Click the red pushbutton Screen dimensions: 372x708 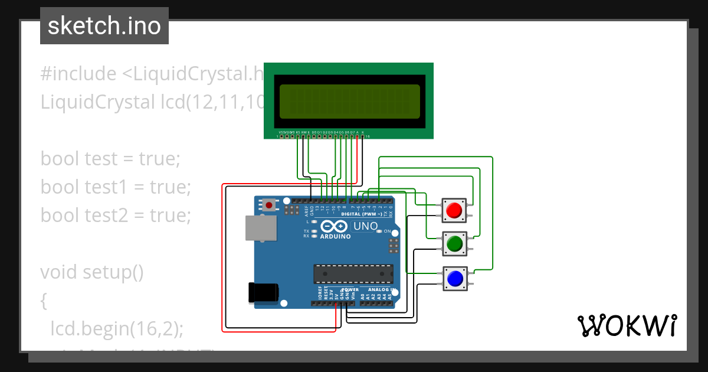click(x=454, y=210)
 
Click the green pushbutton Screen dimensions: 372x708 click(x=454, y=243)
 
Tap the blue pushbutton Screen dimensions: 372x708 click(x=454, y=278)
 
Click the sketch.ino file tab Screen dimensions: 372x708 click(x=104, y=26)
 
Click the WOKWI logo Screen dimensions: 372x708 click(x=627, y=325)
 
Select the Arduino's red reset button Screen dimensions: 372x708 click(x=269, y=205)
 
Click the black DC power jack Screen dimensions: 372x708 click(x=263, y=292)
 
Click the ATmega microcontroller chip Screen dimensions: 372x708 click(x=353, y=274)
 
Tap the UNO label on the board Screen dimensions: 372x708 click(x=366, y=226)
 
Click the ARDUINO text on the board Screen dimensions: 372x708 click(x=335, y=236)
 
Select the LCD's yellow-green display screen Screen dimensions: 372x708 click(x=349, y=101)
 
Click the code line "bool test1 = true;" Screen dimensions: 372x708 click(x=116, y=187)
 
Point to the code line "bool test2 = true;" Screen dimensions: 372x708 click(x=116, y=216)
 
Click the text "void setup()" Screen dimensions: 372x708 click(x=92, y=272)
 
